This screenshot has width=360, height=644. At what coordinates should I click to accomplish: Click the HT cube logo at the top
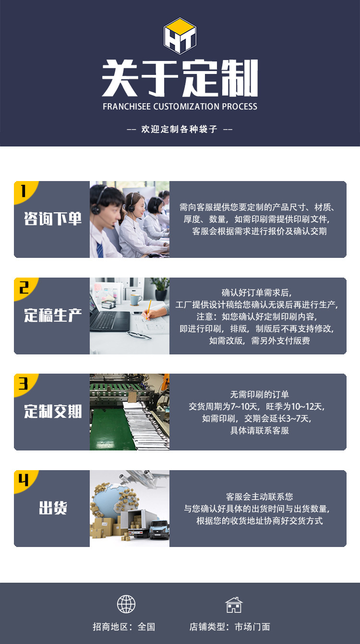[x=180, y=36]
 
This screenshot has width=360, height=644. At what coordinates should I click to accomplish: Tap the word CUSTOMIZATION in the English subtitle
[x=186, y=107]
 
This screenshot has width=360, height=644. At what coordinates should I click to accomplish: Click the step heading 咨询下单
[x=53, y=219]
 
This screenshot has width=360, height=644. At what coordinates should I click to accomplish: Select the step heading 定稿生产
[x=53, y=316]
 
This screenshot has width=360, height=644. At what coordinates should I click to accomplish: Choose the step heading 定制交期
[x=53, y=412]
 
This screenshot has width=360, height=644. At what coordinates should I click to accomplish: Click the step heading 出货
[x=53, y=508]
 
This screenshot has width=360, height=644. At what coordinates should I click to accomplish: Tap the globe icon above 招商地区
[x=126, y=604]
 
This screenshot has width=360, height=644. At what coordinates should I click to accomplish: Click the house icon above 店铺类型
[x=234, y=605]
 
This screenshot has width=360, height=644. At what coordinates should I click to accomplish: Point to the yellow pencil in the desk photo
[x=148, y=310]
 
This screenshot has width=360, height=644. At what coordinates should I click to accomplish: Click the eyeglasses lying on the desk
[x=139, y=335]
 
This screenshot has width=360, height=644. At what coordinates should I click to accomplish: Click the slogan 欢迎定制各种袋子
[x=180, y=129]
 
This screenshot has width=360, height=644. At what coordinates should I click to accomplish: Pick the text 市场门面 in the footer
[x=252, y=627]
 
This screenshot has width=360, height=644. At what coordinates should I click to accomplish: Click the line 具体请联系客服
[x=260, y=430]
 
